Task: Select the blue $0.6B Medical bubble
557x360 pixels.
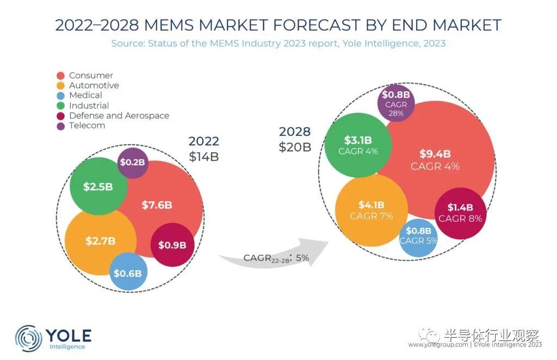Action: pyautogui.click(x=128, y=272)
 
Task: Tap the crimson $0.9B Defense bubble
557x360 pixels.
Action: pyautogui.click(x=172, y=245)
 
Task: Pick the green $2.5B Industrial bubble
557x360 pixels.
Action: pyautogui.click(x=98, y=187)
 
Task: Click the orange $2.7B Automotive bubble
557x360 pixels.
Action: pyautogui.click(x=100, y=240)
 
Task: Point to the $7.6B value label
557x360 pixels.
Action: pyautogui.click(x=157, y=205)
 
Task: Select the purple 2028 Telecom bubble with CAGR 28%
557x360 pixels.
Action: pyautogui.click(x=396, y=102)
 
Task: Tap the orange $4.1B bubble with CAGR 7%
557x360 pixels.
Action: pyautogui.click(x=372, y=210)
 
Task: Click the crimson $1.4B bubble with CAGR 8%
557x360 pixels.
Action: pyautogui.click(x=460, y=213)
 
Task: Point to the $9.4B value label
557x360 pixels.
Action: pyautogui.click(x=435, y=154)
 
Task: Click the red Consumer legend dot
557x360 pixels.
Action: pyautogui.click(x=60, y=76)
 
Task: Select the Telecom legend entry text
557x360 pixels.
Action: pyautogui.click(x=87, y=126)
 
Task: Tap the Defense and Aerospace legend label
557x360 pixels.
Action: pyautogui.click(x=119, y=116)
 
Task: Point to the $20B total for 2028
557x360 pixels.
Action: pyautogui.click(x=295, y=147)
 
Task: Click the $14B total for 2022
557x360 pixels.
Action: pyautogui.click(x=204, y=157)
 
